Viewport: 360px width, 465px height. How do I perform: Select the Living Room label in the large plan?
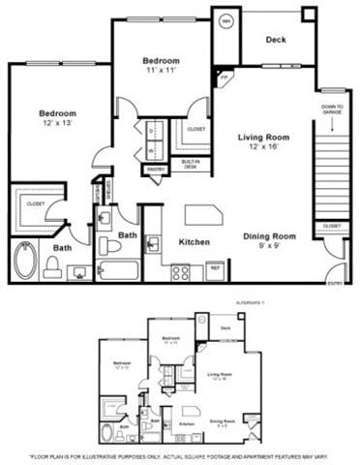(x=263, y=142)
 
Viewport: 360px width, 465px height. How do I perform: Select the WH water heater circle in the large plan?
(x=226, y=21)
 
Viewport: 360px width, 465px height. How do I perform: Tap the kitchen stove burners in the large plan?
(x=180, y=273)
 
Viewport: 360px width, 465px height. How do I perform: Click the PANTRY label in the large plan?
(x=157, y=169)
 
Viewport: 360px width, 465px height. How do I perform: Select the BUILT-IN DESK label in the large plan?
(x=192, y=164)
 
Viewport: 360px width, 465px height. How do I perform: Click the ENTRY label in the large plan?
(x=335, y=284)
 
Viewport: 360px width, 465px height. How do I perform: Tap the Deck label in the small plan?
(x=225, y=328)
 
